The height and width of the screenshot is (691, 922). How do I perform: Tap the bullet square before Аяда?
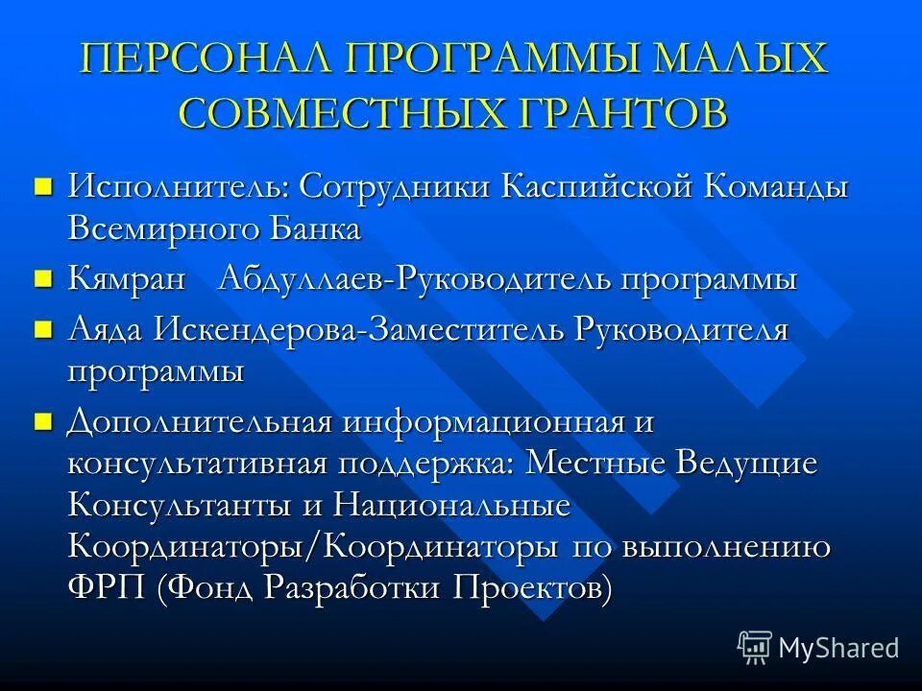pos(41,329)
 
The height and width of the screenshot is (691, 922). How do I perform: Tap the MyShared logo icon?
pos(755,647)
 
